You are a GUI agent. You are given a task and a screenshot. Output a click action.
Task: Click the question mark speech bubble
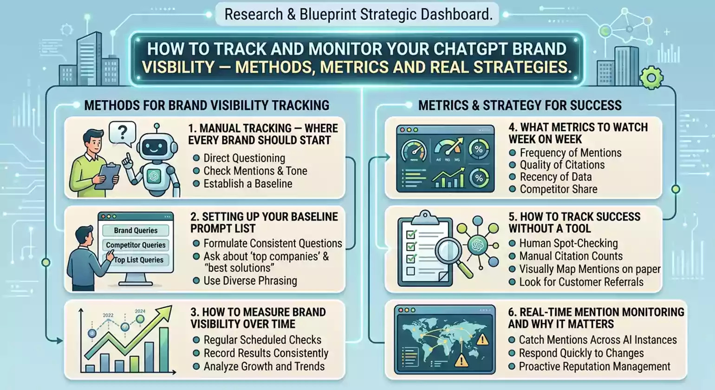(123, 133)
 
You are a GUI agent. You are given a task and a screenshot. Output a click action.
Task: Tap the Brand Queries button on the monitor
(136, 230)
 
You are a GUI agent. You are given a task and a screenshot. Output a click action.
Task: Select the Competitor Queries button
(136, 245)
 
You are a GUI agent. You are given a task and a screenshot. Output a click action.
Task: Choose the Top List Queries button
(138, 260)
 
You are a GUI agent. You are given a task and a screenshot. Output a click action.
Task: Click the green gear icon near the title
(651, 78)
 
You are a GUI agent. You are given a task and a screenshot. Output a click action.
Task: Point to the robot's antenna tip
(156, 126)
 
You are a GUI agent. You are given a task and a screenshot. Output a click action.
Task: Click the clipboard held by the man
(108, 176)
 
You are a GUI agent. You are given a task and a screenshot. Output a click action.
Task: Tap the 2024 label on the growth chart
(140, 311)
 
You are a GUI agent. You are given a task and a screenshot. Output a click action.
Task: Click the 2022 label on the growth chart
(108, 315)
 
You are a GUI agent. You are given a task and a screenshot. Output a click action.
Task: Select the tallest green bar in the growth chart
(164, 350)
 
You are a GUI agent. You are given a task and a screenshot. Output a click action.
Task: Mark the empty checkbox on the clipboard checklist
(410, 271)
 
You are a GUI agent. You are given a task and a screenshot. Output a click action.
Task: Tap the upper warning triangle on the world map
(481, 339)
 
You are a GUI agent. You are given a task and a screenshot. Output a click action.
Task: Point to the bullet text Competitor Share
(559, 189)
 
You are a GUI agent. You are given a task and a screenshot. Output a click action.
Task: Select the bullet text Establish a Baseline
(248, 184)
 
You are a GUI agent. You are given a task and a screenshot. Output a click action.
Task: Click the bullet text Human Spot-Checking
(568, 243)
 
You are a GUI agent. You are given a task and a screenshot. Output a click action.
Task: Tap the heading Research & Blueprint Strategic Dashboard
(358, 14)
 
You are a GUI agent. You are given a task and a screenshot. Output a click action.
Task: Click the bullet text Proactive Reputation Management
(594, 366)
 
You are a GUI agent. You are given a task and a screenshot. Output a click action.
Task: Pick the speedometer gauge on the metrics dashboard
(414, 151)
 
